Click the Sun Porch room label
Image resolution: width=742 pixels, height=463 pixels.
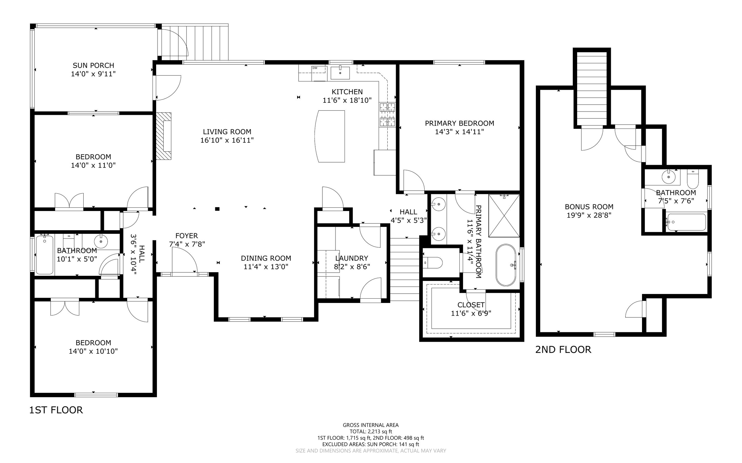[x=93, y=66]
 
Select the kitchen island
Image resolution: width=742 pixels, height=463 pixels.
[x=330, y=136]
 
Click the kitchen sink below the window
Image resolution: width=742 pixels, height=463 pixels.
[x=340, y=72]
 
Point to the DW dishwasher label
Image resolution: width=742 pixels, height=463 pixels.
[x=314, y=68]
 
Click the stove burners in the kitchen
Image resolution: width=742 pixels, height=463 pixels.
[x=387, y=115]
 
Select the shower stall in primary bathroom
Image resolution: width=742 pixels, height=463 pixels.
[x=504, y=216]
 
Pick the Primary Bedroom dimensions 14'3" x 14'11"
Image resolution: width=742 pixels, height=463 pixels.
[x=459, y=132]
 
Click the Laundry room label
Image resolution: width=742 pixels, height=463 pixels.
[x=351, y=258]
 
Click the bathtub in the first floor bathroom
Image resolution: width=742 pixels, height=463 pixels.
[x=44, y=255]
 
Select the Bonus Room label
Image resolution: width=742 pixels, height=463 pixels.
[x=589, y=207]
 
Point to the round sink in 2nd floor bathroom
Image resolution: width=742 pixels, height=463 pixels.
[x=668, y=177]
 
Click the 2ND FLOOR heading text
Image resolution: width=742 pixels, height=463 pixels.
[x=563, y=350]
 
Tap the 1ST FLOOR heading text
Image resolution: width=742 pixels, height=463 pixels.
[x=56, y=410]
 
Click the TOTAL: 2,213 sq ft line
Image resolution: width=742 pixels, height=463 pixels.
[x=371, y=432]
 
